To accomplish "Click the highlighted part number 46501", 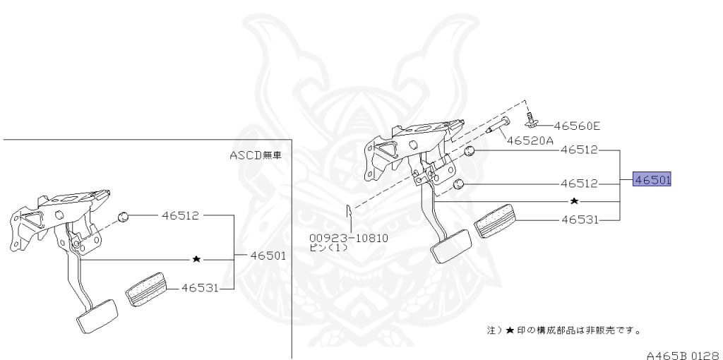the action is (x=652, y=180).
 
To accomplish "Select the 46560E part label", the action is (x=576, y=126).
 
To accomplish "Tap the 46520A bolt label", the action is (x=530, y=140).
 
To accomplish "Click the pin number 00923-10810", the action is (x=349, y=238).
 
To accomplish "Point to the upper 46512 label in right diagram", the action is (x=580, y=150).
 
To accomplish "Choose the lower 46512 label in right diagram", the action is (x=580, y=184).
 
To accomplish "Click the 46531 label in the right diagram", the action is (x=580, y=220).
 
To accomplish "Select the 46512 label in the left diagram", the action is (x=180, y=215).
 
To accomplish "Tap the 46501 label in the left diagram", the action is (x=268, y=256).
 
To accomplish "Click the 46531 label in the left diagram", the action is (x=199, y=287).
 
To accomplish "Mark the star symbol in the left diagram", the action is (x=196, y=260).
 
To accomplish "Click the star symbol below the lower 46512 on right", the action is (x=574, y=201).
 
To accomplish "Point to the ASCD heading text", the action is (x=255, y=155).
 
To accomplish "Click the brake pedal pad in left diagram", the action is (x=97, y=316).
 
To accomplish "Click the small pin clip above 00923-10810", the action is (x=348, y=212).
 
